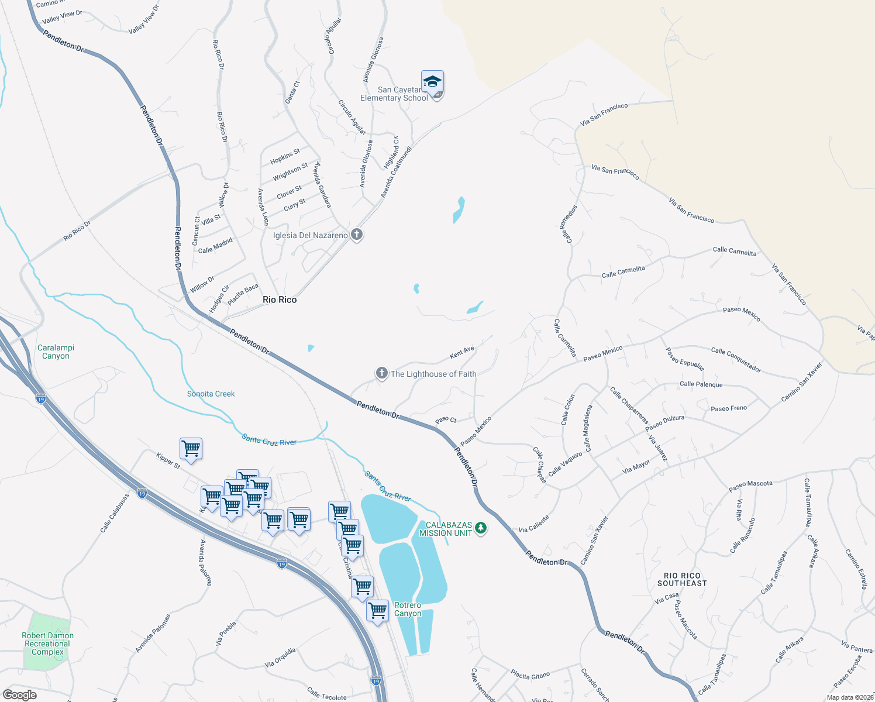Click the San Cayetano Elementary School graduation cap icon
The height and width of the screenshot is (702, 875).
[432, 81]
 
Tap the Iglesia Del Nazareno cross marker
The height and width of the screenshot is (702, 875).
[357, 235]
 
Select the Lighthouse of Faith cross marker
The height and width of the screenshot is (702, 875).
[382, 373]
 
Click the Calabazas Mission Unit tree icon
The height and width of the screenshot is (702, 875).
[481, 528]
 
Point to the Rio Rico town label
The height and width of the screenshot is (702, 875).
[280, 300]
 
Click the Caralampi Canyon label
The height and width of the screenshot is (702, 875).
[56, 352]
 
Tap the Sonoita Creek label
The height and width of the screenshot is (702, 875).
[211, 394]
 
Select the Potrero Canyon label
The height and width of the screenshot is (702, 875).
[408, 609]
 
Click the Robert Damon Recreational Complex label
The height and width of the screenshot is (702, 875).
[48, 643]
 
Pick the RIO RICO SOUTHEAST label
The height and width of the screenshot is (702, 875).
[682, 579]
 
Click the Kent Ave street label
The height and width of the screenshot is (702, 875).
[462, 353]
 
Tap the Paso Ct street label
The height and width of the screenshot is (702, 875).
[446, 420]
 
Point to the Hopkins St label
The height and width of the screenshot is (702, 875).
[285, 157]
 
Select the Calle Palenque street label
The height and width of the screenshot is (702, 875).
[701, 384]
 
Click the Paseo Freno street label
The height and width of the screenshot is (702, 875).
[729, 408]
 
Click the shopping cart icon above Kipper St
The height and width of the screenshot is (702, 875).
[191, 449]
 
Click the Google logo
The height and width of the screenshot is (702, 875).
[20, 695]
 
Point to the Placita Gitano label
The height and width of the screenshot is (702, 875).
[530, 675]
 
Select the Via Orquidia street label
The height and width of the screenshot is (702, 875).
[280, 657]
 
